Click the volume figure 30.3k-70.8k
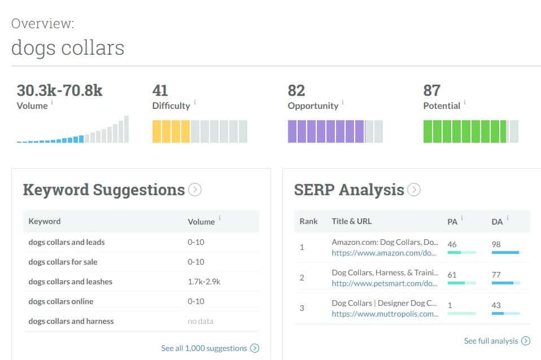click(x=59, y=90)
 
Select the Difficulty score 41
click(x=160, y=90)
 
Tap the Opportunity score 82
click(x=296, y=90)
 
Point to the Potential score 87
click(x=432, y=90)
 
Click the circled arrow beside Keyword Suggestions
click(x=195, y=190)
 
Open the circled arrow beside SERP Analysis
click(x=414, y=190)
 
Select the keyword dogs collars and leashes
click(x=71, y=282)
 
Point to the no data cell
click(x=200, y=321)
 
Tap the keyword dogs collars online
click(x=61, y=301)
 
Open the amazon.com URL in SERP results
click(x=385, y=253)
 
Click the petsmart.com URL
click(x=385, y=283)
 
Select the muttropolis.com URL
click(x=385, y=314)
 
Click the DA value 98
click(x=497, y=244)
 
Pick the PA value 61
click(x=452, y=274)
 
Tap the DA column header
click(x=497, y=222)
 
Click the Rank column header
click(x=308, y=221)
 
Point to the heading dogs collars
click(x=68, y=47)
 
